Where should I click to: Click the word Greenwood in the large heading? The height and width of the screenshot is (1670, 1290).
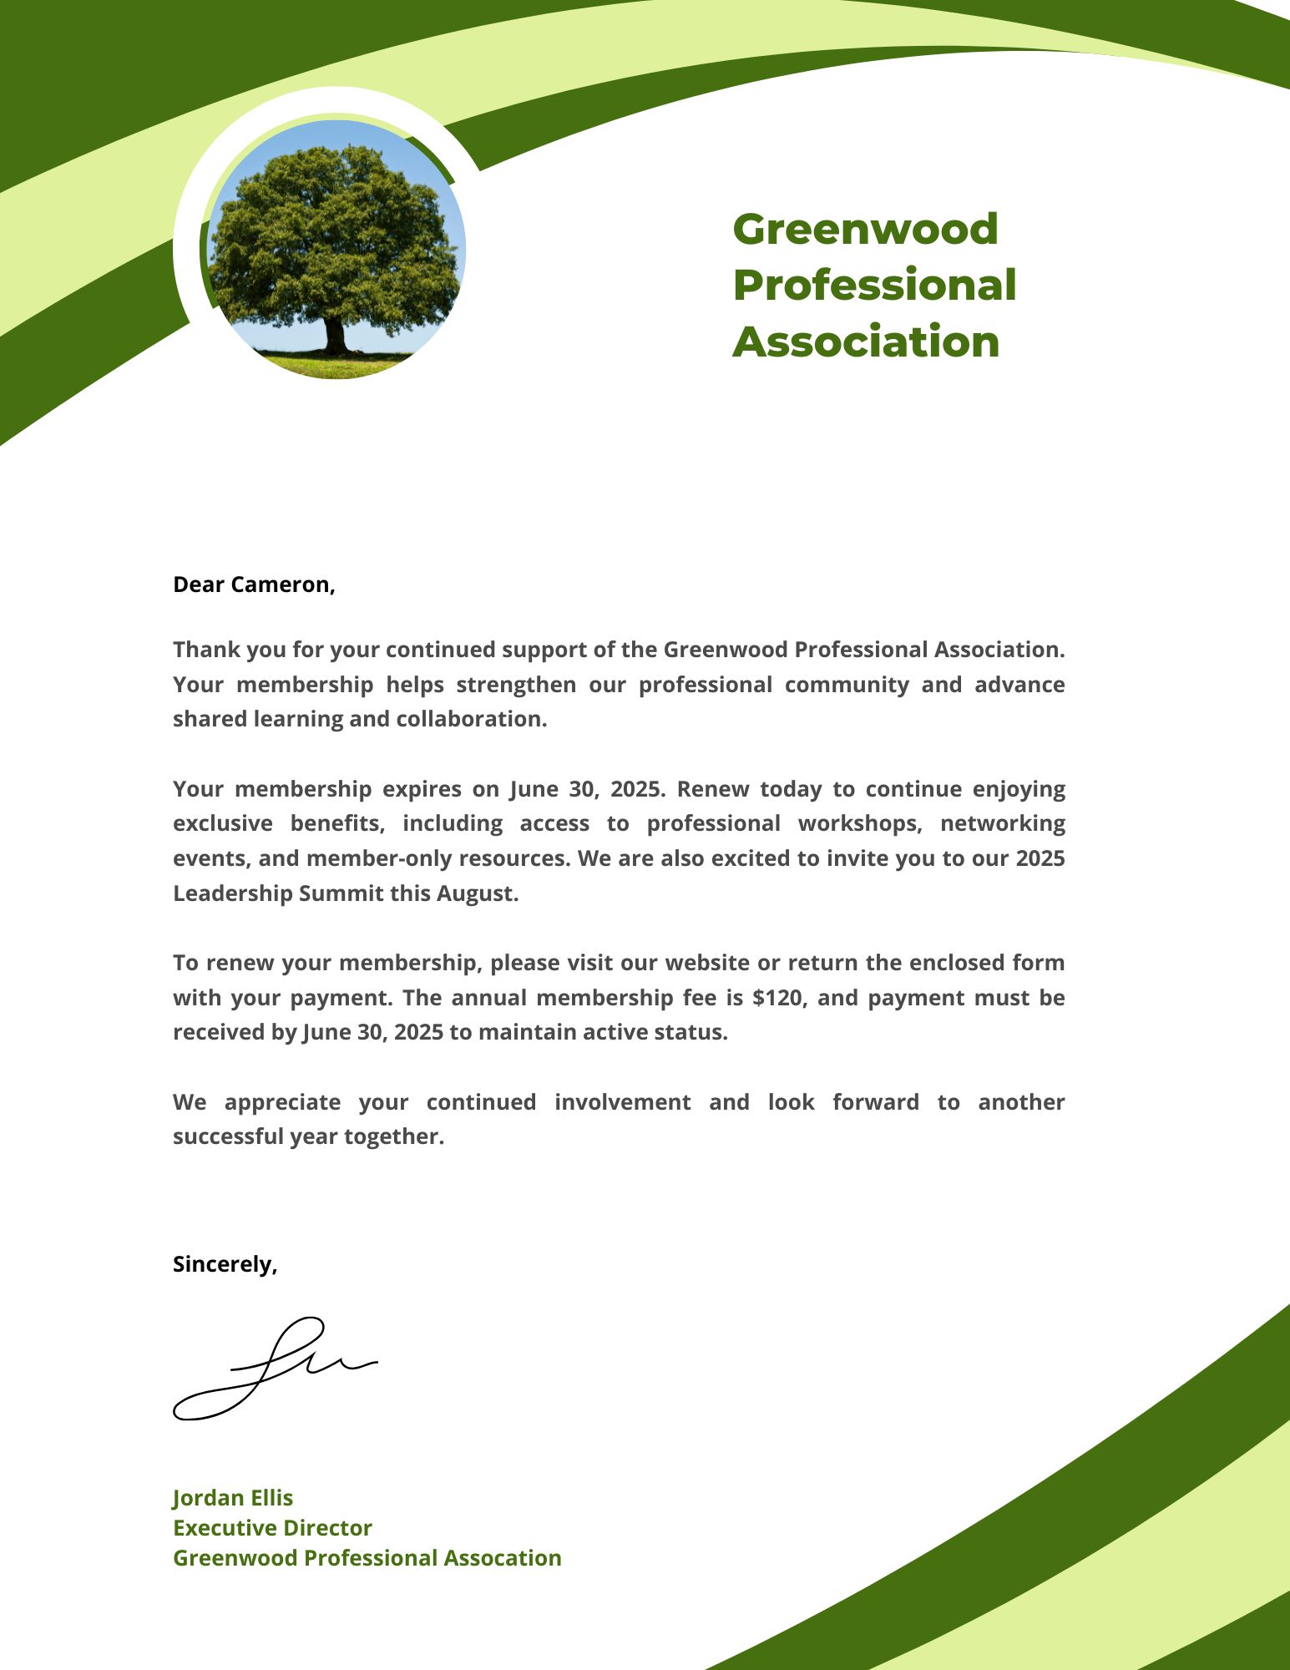tap(865, 230)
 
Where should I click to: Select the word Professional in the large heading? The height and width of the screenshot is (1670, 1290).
tap(874, 286)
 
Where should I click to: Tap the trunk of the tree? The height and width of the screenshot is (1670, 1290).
tap(335, 336)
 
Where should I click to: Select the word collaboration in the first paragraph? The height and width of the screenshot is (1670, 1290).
tap(470, 719)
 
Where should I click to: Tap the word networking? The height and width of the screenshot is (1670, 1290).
tap(1002, 823)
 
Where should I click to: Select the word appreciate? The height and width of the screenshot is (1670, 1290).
tap(282, 1102)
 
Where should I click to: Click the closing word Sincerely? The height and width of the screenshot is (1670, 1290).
tap(223, 1264)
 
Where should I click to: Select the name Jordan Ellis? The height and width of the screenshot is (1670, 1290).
tap(233, 1498)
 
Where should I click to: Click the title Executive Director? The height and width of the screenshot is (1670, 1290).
tap(272, 1528)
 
